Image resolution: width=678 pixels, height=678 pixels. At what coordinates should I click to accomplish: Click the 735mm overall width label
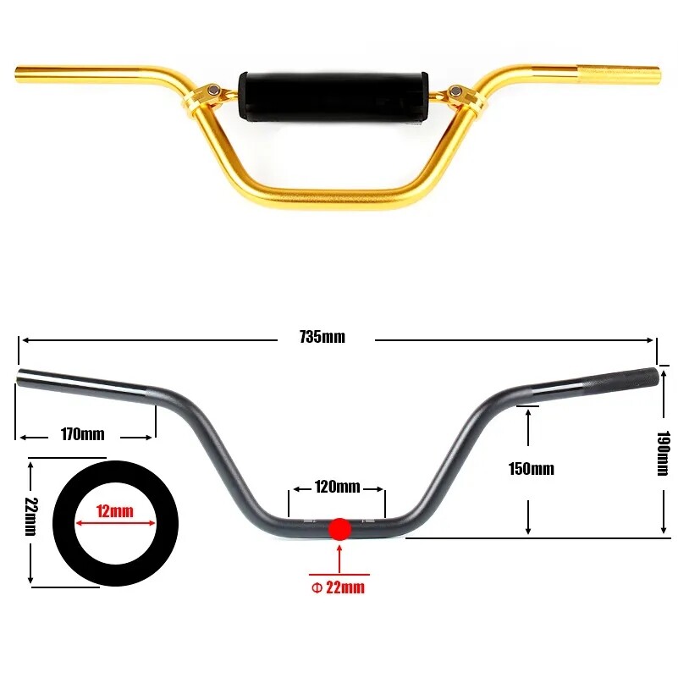pos(322,337)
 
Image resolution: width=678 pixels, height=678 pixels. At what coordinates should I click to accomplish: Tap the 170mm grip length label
pos(82,435)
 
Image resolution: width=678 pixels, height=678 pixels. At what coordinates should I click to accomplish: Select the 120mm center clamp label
pos(337,487)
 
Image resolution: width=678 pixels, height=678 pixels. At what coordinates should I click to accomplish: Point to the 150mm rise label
pos(531,469)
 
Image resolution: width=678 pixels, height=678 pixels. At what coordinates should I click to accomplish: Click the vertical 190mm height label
pos(664,454)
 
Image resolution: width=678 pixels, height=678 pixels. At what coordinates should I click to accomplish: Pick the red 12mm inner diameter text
pos(114,510)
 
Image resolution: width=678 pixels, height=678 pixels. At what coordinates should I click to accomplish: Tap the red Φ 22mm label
pos(339,587)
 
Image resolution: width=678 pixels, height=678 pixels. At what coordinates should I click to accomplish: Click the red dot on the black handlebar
pos(339,529)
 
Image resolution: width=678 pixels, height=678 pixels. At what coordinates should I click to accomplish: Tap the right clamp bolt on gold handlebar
pos(458,91)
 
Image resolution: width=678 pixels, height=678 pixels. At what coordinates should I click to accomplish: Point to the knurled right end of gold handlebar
pos(619,67)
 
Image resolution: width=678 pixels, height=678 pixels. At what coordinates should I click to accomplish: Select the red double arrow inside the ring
pos(114,524)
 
